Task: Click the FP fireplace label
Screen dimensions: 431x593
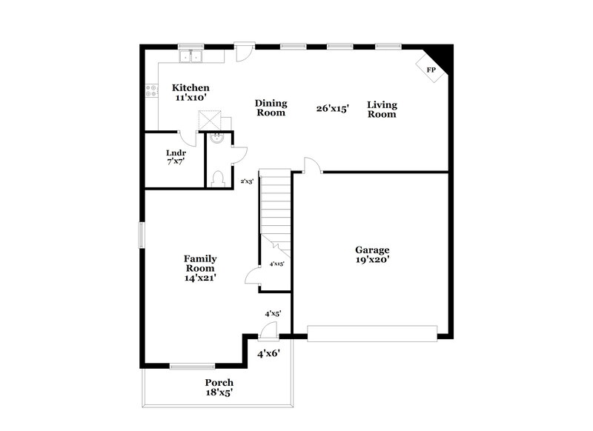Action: (431, 70)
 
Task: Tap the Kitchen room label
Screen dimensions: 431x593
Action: (191, 92)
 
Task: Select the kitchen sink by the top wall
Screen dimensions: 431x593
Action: (191, 56)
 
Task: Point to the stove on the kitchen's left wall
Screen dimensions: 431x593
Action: (151, 92)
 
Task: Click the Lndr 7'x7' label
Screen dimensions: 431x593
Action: (176, 157)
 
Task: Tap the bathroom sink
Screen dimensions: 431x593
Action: (218, 138)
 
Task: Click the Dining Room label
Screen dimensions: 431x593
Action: (271, 108)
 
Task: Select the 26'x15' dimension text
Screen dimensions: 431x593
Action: (332, 108)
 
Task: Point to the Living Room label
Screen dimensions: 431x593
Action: (382, 110)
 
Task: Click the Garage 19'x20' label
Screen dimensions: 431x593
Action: (372, 255)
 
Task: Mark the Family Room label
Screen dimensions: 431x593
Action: (200, 267)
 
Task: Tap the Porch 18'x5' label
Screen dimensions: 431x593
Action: (219, 387)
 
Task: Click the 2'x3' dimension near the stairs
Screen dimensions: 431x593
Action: (248, 181)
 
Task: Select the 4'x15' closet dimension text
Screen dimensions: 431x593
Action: (276, 264)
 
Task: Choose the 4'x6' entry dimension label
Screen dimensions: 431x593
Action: (268, 354)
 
